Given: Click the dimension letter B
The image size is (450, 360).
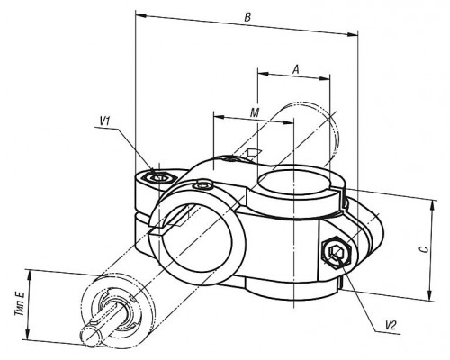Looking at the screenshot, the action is (247, 17).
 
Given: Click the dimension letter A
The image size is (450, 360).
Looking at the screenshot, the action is (296, 69).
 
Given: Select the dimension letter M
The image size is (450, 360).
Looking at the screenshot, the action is (255, 112).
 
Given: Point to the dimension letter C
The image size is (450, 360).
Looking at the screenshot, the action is (423, 248).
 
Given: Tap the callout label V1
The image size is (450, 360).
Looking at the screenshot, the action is (105, 121).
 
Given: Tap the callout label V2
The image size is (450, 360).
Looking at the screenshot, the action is (391, 325).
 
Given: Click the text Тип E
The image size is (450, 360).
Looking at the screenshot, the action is (21, 304).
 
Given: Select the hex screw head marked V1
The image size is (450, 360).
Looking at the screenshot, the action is (159, 177).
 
